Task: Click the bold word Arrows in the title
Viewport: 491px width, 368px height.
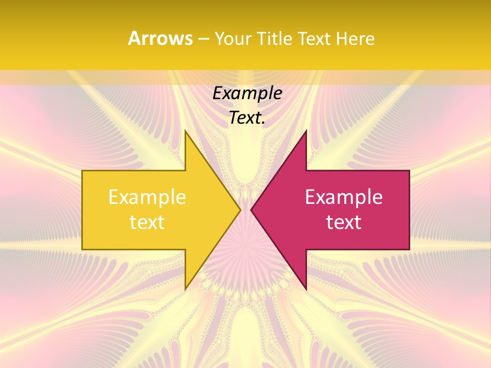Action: click(x=160, y=38)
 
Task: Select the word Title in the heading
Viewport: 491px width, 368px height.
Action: click(x=274, y=39)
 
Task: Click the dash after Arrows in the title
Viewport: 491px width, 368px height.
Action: click(x=204, y=39)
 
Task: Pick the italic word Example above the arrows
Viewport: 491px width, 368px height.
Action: click(x=247, y=94)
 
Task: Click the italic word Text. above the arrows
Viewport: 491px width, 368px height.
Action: click(x=247, y=118)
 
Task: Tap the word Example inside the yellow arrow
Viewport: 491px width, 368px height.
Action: click(x=147, y=197)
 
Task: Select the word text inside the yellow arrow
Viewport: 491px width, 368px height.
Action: click(x=147, y=222)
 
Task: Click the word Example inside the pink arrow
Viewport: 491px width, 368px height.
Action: click(x=344, y=197)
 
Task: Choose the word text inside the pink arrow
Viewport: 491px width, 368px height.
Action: click(x=344, y=222)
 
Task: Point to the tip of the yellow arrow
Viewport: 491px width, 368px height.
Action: click(x=240, y=210)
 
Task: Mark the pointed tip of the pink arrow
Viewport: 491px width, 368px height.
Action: click(x=252, y=210)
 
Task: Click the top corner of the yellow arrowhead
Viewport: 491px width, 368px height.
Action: click(x=186, y=131)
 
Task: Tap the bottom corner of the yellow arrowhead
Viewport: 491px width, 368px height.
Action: click(x=186, y=289)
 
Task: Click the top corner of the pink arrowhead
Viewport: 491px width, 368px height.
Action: click(x=306, y=131)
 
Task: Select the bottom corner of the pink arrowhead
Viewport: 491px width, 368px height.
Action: click(x=306, y=289)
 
